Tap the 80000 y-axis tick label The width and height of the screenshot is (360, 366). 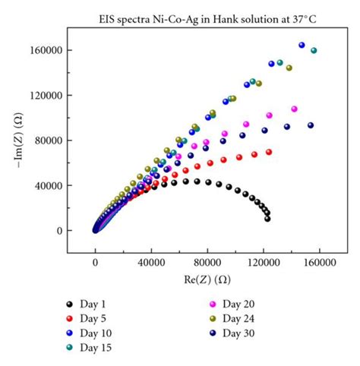(x=49, y=140)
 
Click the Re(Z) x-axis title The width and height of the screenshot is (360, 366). (x=207, y=279)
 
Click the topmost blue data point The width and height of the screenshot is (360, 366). (x=302, y=46)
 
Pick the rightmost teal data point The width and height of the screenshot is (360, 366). (x=314, y=51)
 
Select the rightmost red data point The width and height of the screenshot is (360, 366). (x=269, y=152)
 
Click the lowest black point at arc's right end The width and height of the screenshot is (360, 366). (x=267, y=219)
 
